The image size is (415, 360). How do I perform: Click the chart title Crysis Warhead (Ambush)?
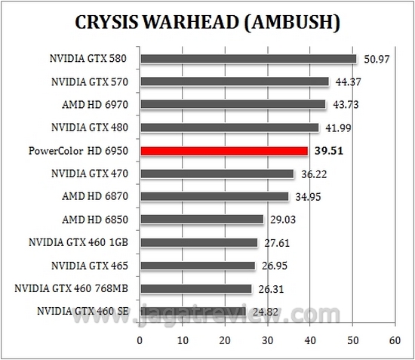pyautogui.click(x=207, y=23)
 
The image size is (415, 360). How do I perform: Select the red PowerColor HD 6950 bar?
pyautogui.click(x=223, y=151)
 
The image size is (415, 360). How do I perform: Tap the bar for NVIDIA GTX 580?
pyautogui.click(x=247, y=59)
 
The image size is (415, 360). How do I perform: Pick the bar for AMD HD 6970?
pyautogui.click(x=232, y=105)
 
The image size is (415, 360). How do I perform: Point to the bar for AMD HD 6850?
pyautogui.click(x=201, y=220)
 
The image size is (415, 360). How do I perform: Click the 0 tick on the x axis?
pyautogui.click(x=140, y=341)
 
